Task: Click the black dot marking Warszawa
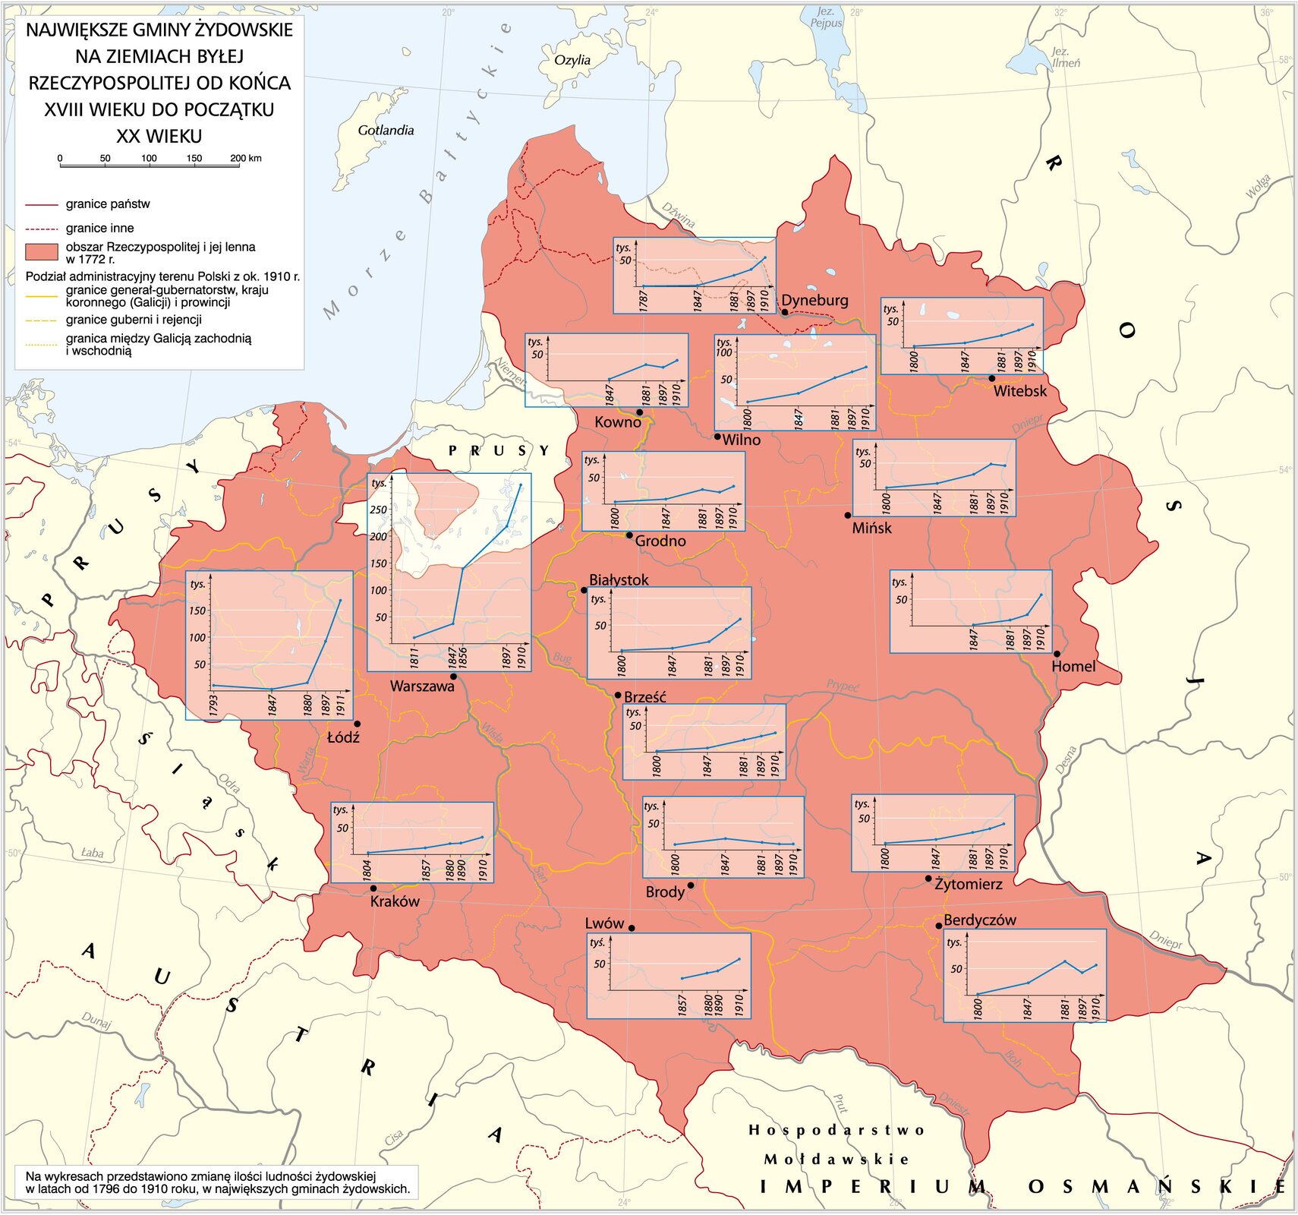pos(453,676)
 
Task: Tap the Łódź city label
pos(343,737)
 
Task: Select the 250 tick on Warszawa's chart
pos(378,510)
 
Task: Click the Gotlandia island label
pos(386,131)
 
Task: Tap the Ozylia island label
pos(572,60)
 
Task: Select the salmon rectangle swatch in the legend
pos(41,252)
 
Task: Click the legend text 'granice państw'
pos(108,204)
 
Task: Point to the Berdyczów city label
pos(979,920)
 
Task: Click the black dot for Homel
pos(1057,653)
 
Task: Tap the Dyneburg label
pos(814,300)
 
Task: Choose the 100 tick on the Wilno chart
pos(724,352)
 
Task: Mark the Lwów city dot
pos(632,928)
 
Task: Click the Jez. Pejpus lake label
pos(826,17)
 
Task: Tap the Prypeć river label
pos(843,686)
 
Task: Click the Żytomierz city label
pos(969,884)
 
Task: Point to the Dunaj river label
pos(96,1021)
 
